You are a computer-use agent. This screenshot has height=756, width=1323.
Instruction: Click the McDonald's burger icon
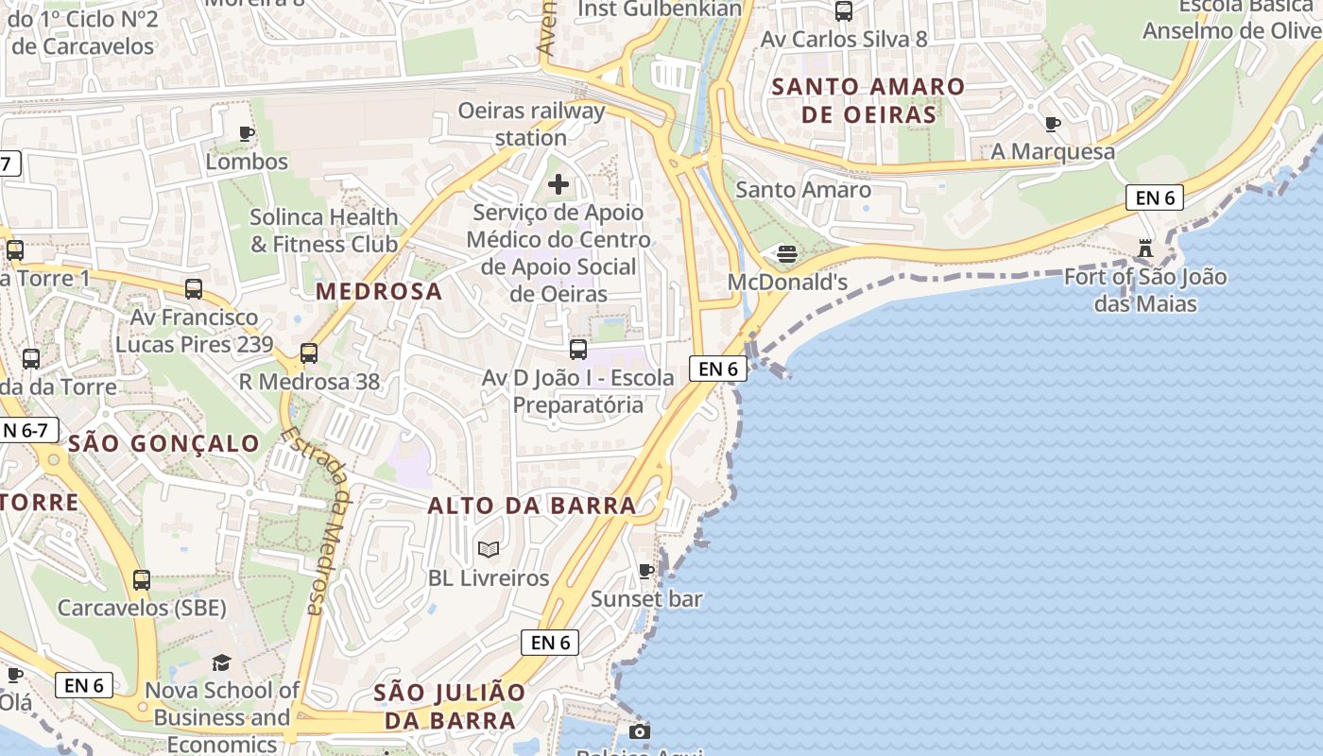click(787, 253)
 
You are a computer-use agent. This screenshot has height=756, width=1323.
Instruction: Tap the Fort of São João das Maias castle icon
click(1145, 249)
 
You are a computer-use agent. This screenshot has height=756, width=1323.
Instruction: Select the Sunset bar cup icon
click(646, 571)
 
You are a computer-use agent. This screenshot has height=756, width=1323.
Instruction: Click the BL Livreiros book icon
click(489, 549)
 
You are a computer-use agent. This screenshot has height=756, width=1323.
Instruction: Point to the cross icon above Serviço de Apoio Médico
click(558, 183)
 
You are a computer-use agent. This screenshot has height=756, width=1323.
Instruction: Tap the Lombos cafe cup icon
click(247, 133)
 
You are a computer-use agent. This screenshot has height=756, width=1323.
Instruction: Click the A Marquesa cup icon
click(1053, 124)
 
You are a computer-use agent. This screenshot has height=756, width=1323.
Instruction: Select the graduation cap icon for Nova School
click(221, 662)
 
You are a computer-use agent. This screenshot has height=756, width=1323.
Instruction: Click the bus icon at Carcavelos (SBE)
click(142, 579)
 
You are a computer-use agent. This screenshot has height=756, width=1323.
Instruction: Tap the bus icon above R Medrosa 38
click(309, 353)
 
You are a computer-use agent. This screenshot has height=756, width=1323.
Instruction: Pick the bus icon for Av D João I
click(578, 349)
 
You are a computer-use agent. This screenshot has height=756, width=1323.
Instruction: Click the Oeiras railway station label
click(531, 124)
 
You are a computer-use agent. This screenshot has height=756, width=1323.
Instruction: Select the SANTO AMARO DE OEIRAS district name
click(868, 101)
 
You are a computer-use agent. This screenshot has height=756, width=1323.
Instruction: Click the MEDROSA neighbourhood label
click(379, 291)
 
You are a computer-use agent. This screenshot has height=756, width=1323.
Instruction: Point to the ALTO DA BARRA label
click(532, 506)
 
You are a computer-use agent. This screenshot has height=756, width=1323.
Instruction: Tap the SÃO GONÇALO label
click(164, 443)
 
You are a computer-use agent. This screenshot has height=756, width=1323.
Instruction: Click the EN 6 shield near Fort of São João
click(1155, 198)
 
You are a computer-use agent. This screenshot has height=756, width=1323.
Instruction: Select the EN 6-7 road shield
click(26, 431)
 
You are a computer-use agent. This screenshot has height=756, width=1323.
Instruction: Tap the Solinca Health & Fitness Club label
click(324, 231)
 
